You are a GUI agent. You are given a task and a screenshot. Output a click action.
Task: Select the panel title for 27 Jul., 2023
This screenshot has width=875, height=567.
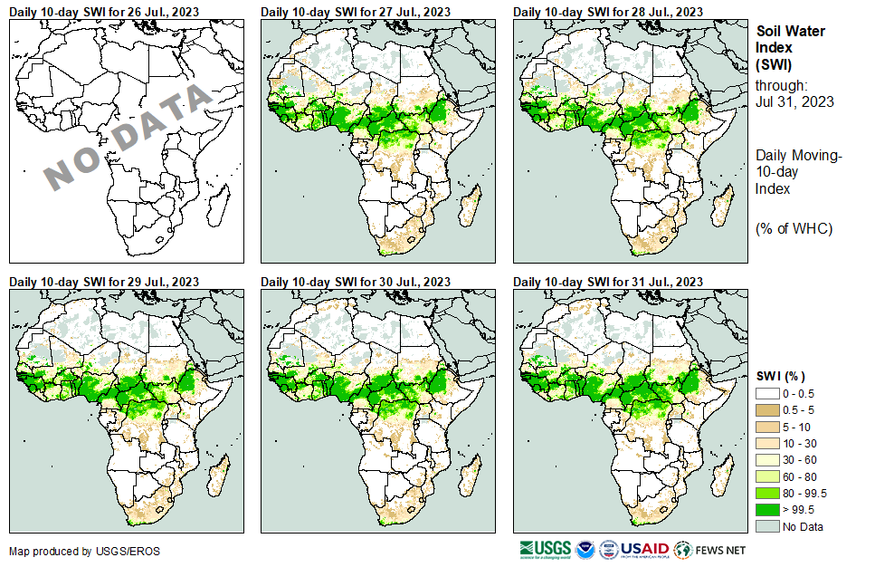click(x=356, y=11)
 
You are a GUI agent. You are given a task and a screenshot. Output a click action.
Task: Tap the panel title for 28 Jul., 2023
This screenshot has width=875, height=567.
click(x=608, y=11)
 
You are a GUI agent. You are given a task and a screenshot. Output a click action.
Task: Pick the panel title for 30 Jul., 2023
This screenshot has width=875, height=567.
click(x=356, y=283)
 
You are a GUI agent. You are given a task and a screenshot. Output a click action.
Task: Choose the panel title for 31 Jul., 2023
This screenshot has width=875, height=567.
click(x=608, y=283)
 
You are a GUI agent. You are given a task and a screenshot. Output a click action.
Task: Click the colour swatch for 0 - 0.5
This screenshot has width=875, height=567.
click(x=767, y=394)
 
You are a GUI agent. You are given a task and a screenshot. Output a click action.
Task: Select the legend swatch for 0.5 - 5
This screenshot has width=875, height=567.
click(x=767, y=410)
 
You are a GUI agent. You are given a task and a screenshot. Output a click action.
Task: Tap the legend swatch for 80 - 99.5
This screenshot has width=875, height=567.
click(x=767, y=493)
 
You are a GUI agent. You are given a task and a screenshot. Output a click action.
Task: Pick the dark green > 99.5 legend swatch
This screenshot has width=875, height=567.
click(x=767, y=509)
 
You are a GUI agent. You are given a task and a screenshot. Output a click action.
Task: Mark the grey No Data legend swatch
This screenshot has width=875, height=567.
click(x=767, y=526)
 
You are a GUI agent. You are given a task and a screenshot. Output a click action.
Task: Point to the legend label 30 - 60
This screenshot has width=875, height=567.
click(x=800, y=460)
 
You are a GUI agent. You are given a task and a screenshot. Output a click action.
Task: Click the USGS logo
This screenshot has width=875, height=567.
click(x=546, y=550)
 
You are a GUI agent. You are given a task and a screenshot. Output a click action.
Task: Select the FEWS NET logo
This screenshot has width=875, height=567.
click(x=709, y=550)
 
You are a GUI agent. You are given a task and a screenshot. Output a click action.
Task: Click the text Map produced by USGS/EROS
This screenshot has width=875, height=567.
click(x=63, y=551)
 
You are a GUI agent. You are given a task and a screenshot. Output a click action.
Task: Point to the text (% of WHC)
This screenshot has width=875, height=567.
click(x=794, y=228)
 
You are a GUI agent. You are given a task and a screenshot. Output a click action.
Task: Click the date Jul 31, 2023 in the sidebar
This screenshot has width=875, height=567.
click(x=794, y=101)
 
